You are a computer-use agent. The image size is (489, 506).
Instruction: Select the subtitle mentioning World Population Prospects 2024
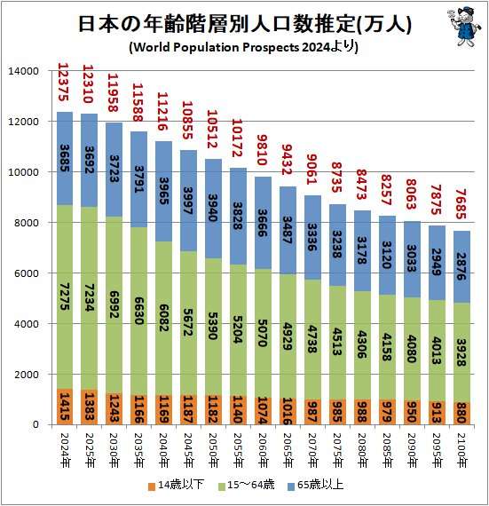tap(244, 47)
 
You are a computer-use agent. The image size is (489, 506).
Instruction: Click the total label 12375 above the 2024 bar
tap(65, 84)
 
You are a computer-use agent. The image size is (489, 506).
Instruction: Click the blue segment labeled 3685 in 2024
tap(65, 158)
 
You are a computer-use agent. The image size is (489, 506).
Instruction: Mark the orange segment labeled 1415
tap(65, 407)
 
